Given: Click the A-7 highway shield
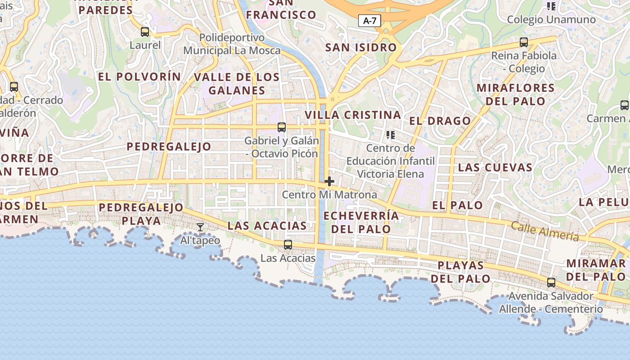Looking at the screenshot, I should pyautogui.click(x=369, y=21).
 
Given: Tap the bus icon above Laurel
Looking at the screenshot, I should pyautogui.click(x=145, y=32).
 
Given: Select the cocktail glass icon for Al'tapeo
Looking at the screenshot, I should pyautogui.click(x=200, y=227).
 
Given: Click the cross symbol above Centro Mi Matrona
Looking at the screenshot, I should pyautogui.click(x=329, y=181).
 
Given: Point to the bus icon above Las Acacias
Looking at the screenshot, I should pyautogui.click(x=288, y=245).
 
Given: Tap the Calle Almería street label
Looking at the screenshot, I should pyautogui.click(x=544, y=231).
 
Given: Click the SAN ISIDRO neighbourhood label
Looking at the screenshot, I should pyautogui.click(x=361, y=47).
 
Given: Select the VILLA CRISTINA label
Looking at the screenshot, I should pyautogui.click(x=353, y=115).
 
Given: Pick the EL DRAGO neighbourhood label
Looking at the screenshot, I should pyautogui.click(x=440, y=121).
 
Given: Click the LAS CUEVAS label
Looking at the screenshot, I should pyautogui.click(x=495, y=167).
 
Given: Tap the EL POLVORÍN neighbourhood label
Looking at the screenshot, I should pyautogui.click(x=139, y=76).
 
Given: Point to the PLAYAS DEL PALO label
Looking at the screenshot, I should pyautogui.click(x=460, y=272).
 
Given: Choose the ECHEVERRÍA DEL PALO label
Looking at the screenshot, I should pyautogui.click(x=361, y=222).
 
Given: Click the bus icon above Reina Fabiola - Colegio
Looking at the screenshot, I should pyautogui.click(x=524, y=42).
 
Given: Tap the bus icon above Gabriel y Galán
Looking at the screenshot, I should pyautogui.click(x=282, y=127).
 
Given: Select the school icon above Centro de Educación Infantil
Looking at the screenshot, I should pyautogui.click(x=390, y=135).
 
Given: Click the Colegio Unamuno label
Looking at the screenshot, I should pyautogui.click(x=551, y=20).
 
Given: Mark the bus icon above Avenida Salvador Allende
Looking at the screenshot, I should pyautogui.click(x=551, y=283).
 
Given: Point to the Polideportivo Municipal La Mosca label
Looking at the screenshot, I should pyautogui.click(x=232, y=44).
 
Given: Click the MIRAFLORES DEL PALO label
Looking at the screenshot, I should pyautogui.click(x=515, y=94).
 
